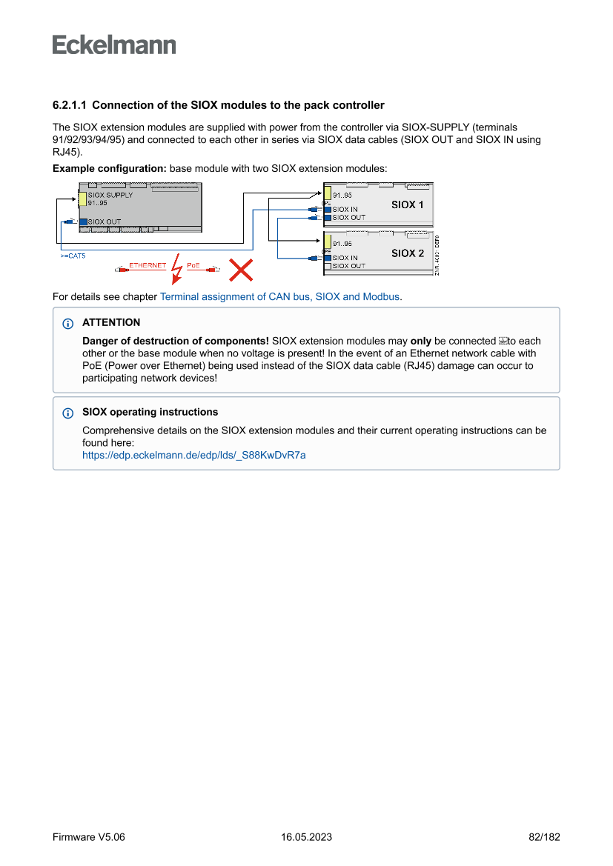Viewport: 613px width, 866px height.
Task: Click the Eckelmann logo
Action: [x=114, y=44]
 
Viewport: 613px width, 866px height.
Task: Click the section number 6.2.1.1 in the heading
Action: [x=70, y=105]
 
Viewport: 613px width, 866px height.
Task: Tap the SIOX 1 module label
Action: [x=408, y=204]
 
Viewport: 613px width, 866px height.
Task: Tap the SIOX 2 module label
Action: [x=408, y=253]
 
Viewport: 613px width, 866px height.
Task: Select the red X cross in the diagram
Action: [x=240, y=270]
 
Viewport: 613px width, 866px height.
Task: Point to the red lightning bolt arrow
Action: [x=176, y=269]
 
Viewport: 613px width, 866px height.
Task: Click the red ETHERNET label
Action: [x=148, y=265]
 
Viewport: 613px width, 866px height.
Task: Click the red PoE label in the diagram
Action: [x=193, y=265]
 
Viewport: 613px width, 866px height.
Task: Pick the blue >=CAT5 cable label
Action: [x=73, y=256]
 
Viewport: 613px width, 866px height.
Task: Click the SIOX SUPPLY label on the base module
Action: [x=110, y=196]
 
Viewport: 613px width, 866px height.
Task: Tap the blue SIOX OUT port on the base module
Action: [x=83, y=222]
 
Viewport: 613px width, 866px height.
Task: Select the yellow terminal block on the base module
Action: [x=83, y=199]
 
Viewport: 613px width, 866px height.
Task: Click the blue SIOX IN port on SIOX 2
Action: [x=328, y=258]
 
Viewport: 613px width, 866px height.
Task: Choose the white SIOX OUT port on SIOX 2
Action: [x=328, y=266]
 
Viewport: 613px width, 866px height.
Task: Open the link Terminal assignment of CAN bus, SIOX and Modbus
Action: [x=280, y=296]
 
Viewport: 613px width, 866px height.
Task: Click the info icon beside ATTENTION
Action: [x=68, y=324]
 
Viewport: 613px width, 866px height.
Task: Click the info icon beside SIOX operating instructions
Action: [x=68, y=413]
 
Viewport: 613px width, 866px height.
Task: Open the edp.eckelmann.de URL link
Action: [x=193, y=455]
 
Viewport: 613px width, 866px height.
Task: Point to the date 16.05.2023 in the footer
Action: [x=306, y=837]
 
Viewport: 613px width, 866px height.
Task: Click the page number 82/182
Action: [x=544, y=837]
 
